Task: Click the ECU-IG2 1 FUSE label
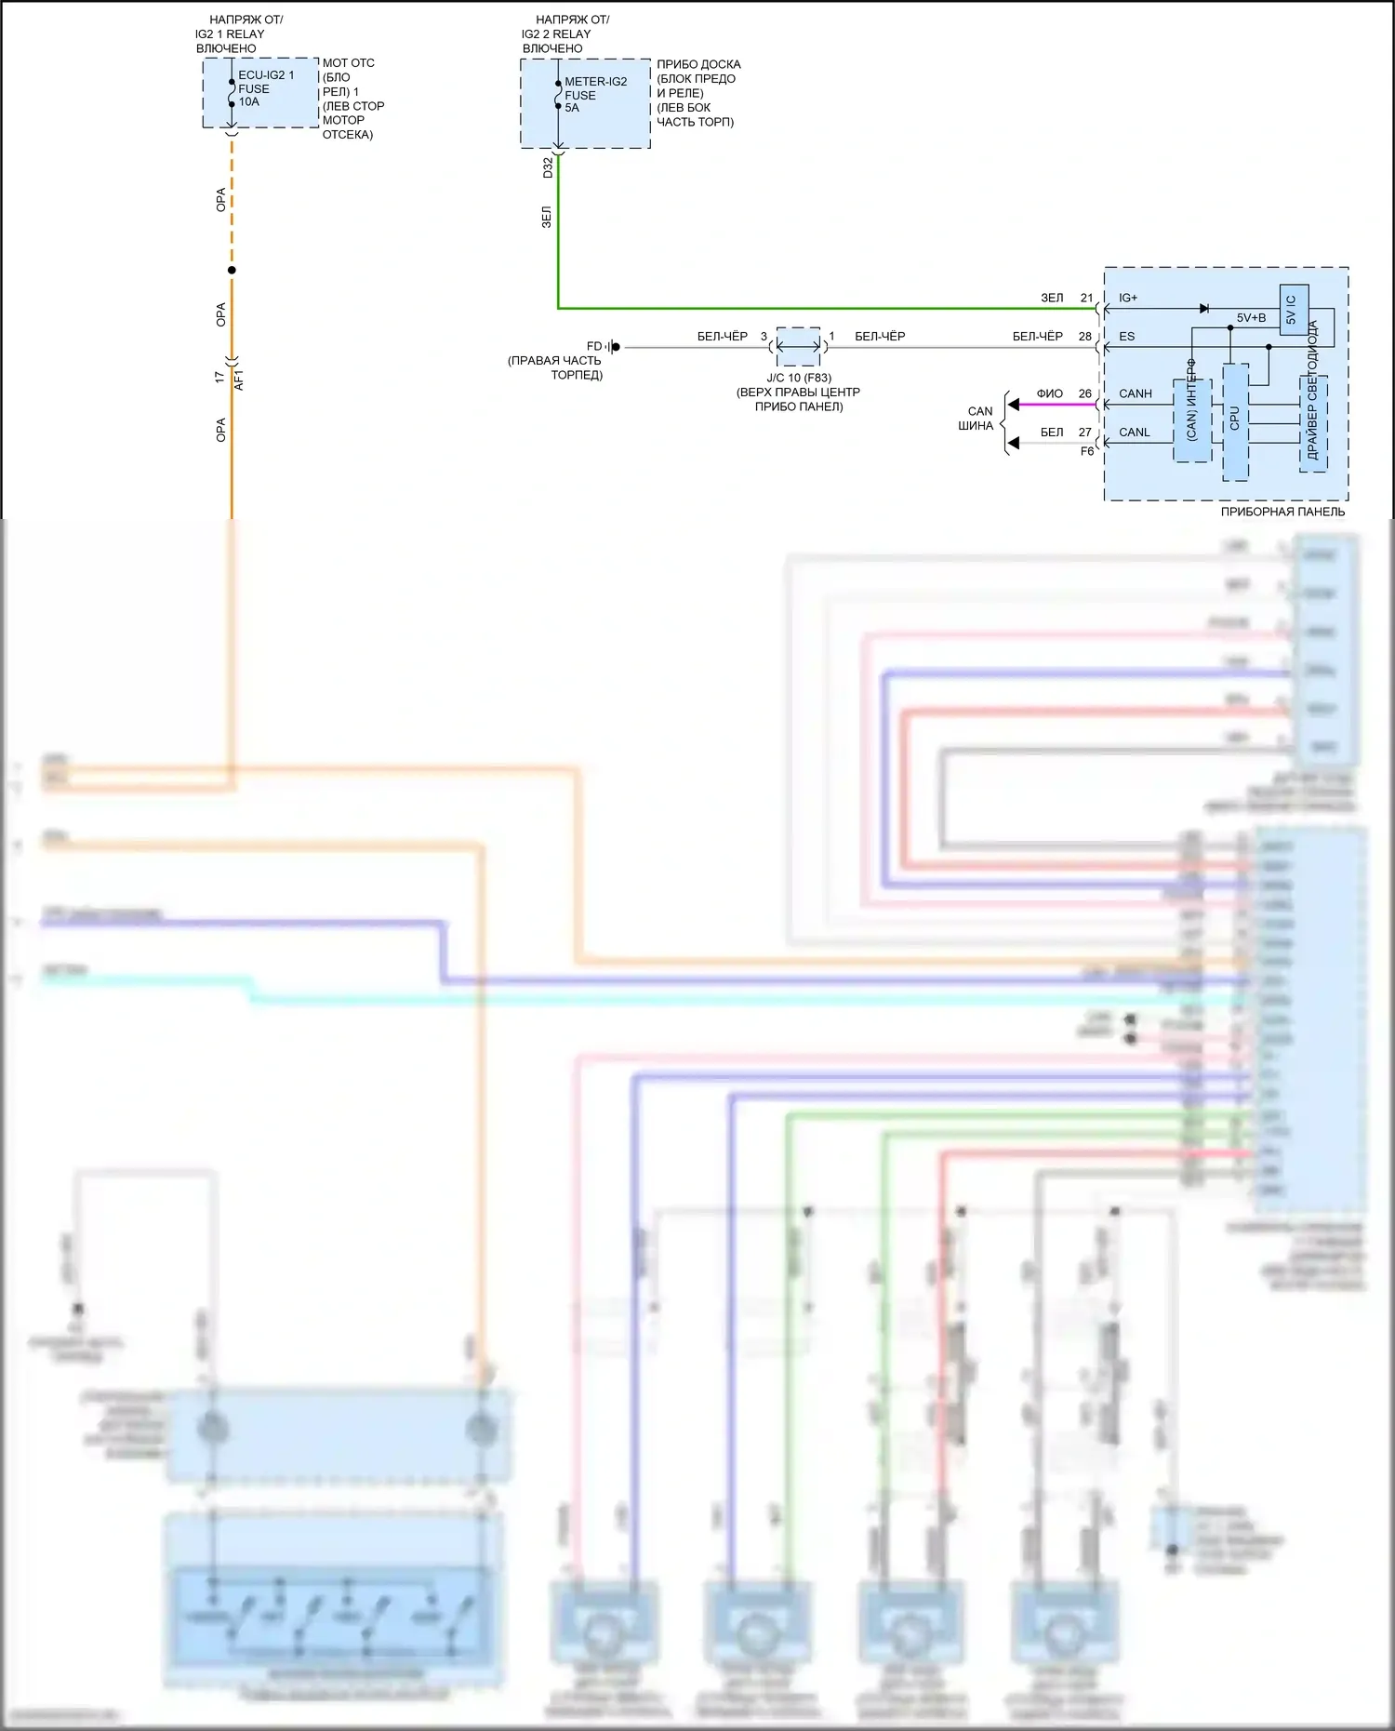[265, 88]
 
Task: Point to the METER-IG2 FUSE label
[595, 94]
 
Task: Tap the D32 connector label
[548, 167]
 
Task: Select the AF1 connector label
[239, 379]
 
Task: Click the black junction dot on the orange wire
[232, 270]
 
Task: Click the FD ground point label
[594, 347]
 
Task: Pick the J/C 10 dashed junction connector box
[799, 347]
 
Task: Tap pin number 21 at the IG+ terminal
[1086, 298]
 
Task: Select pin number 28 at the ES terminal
[1085, 337]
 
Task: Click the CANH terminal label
[1136, 393]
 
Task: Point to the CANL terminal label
[1135, 433]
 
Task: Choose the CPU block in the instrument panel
[1235, 420]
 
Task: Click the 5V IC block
[1293, 310]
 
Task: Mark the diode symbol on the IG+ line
[1204, 308]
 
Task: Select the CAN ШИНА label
[976, 419]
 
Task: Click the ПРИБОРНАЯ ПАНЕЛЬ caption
[1282, 512]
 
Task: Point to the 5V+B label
[1251, 318]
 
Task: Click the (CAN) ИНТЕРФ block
[1191, 419]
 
